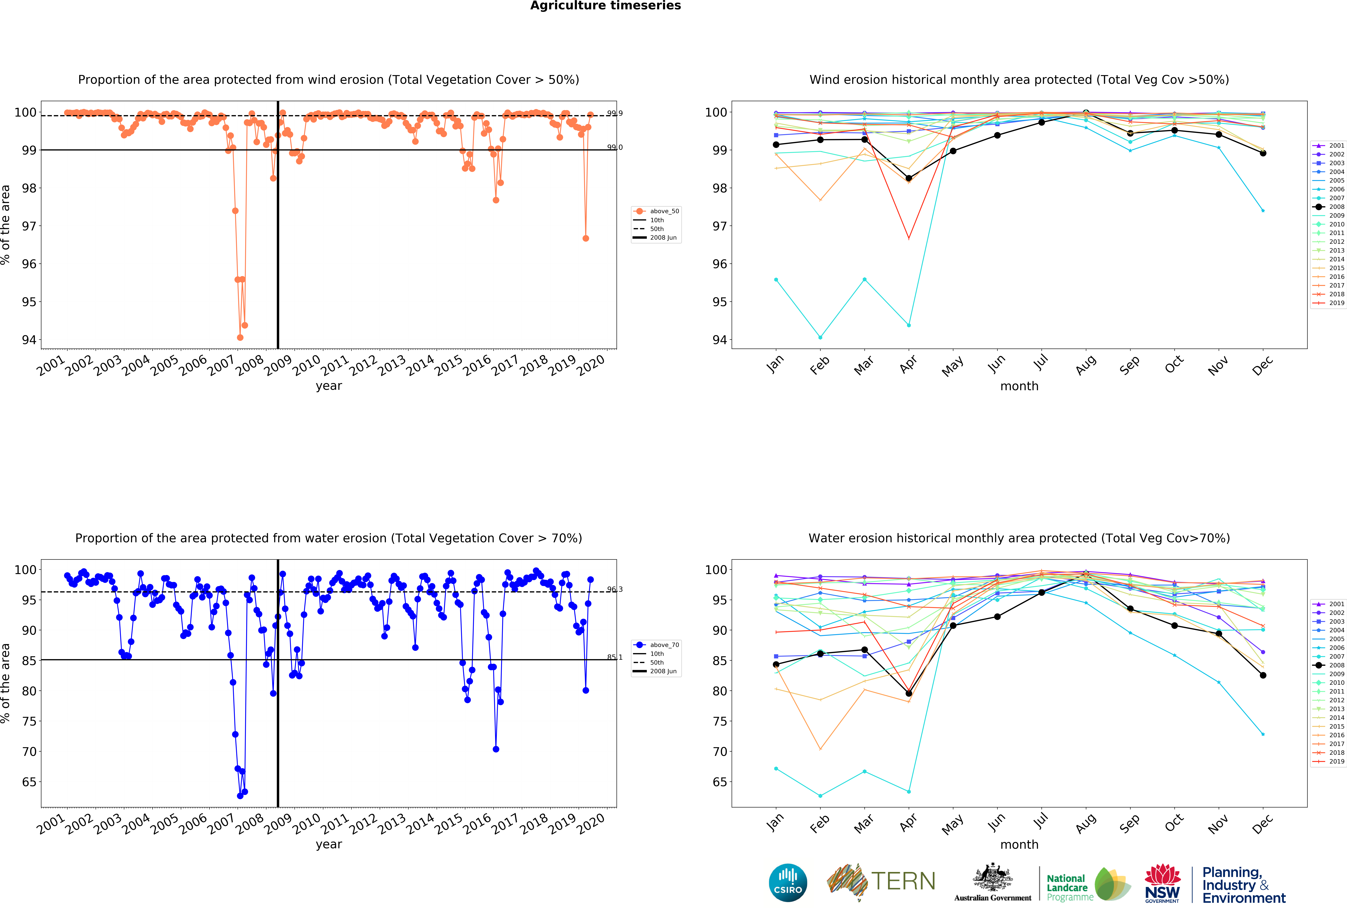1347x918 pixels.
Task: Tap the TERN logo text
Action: [903, 881]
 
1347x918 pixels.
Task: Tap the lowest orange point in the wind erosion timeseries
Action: [240, 337]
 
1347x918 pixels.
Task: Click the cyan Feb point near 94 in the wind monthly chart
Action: [820, 337]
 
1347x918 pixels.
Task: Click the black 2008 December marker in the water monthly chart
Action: [1263, 675]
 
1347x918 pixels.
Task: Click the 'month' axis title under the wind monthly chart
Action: [1019, 386]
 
